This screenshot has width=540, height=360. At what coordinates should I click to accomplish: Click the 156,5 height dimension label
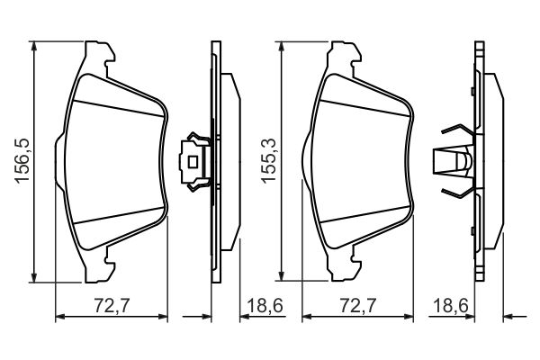tap(23, 161)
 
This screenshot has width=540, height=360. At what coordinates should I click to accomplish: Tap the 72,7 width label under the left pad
tap(112, 305)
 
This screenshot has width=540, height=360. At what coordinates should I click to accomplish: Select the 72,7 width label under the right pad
tap(358, 305)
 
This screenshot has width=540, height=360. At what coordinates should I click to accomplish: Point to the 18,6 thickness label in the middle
tap(265, 306)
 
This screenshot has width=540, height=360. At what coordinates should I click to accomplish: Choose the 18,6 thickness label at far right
tap(451, 306)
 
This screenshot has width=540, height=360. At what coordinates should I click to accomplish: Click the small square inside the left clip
tap(192, 161)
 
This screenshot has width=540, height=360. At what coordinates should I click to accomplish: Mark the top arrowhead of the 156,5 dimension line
tap(34, 46)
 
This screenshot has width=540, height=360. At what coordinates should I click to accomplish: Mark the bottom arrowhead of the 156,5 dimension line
tap(34, 277)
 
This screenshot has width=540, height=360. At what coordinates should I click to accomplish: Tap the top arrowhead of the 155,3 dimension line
tap(282, 46)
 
